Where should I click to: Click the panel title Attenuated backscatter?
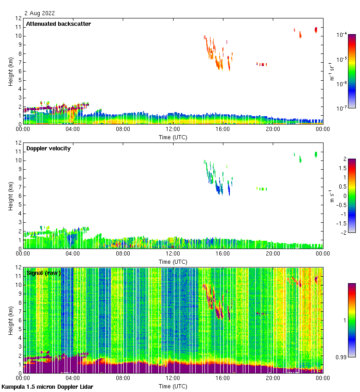[58, 24]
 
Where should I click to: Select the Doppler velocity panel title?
[48, 148]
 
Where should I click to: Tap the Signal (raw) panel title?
[43, 273]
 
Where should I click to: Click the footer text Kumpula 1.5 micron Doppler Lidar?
[47, 386]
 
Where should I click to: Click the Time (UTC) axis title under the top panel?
[173, 137]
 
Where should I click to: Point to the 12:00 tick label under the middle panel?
[173, 253]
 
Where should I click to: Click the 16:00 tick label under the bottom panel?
[222, 378]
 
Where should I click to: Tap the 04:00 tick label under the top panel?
[72, 129]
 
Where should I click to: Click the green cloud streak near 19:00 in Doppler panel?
[262, 189]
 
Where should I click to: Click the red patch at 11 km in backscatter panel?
[316, 30]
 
